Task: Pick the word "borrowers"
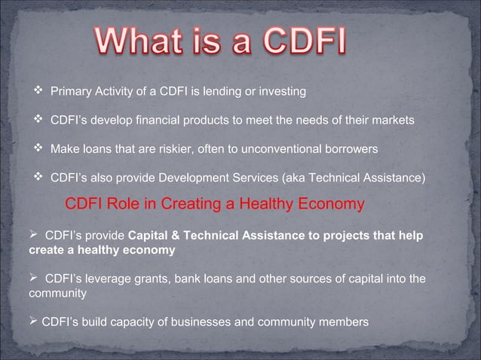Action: point(351,149)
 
